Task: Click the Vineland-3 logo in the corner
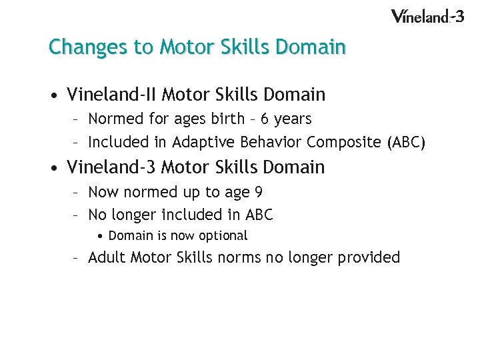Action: click(x=427, y=15)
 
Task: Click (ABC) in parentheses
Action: click(x=405, y=142)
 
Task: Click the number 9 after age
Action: click(x=258, y=193)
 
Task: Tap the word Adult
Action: click(x=107, y=257)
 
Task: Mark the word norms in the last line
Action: click(x=239, y=257)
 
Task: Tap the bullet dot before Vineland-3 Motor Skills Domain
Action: click(x=52, y=168)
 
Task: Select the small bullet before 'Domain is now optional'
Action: click(x=99, y=236)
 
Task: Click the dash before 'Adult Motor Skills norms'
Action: click(x=77, y=258)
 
